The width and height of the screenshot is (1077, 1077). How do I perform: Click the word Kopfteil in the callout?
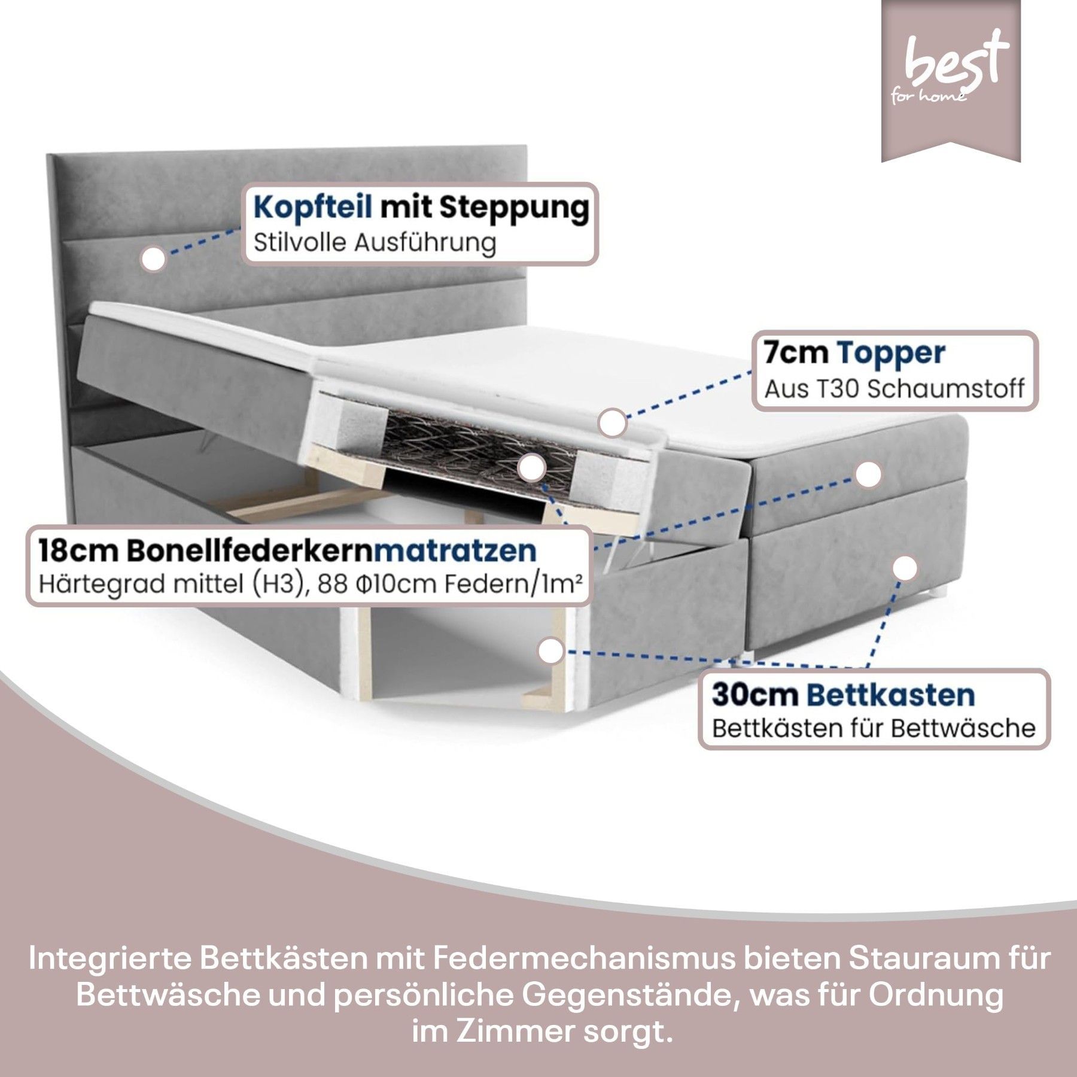coord(313,208)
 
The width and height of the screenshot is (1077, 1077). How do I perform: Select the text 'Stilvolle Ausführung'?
coord(375,243)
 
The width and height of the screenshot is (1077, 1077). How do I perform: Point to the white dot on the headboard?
coord(154,259)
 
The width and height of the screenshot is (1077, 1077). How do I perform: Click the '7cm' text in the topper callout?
coord(796,353)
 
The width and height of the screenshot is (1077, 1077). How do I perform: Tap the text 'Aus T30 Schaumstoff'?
coord(895,389)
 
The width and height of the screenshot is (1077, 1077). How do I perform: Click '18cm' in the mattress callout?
coord(78,550)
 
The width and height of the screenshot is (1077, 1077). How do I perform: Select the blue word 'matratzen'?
coord(455,550)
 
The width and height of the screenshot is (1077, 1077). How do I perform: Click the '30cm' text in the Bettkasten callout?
coord(754,695)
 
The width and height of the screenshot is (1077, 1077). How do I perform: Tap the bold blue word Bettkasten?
coord(891,695)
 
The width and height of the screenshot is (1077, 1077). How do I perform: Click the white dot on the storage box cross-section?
coord(551,651)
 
